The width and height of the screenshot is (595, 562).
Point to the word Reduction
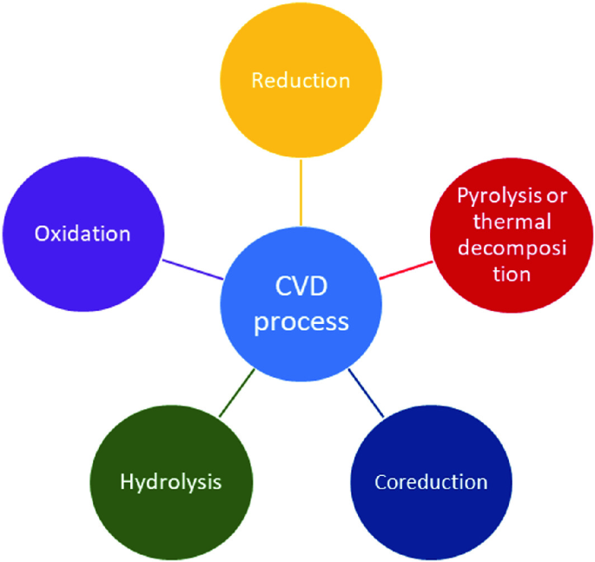coord(300,81)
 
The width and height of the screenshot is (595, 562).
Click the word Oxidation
coord(83,234)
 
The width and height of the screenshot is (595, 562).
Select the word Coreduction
coord(430,480)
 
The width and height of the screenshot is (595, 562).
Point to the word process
coord(301,322)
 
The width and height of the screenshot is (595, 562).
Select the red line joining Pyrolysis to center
coord(406,268)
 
